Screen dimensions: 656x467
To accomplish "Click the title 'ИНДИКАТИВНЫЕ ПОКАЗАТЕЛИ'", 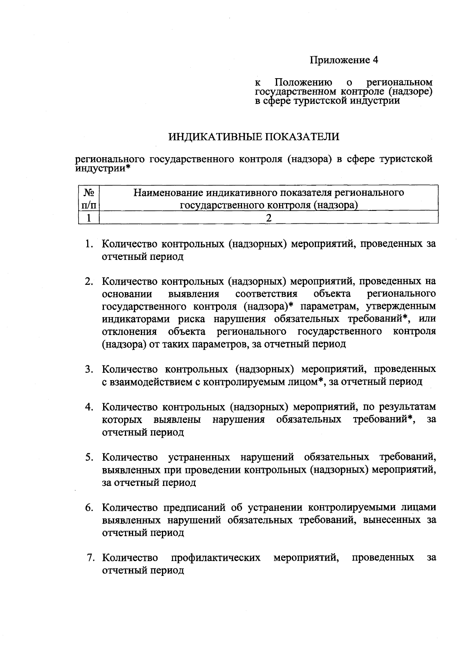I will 254,137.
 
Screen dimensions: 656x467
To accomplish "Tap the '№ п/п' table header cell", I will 89,198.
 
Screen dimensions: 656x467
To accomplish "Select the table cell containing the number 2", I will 268,218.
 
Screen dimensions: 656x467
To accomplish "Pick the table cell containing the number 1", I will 89,218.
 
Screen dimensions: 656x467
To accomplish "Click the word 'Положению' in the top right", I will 303,82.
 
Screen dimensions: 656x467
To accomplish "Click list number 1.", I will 89,244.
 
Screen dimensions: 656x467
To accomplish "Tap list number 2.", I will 89,281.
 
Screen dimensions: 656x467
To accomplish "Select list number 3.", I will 89,369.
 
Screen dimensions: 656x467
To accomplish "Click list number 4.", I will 89,407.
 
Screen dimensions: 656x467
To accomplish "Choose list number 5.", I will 89,457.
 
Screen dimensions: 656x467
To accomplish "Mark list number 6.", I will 89,508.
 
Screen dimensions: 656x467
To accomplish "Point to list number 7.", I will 90,558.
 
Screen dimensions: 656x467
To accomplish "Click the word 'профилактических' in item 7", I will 216,558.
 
